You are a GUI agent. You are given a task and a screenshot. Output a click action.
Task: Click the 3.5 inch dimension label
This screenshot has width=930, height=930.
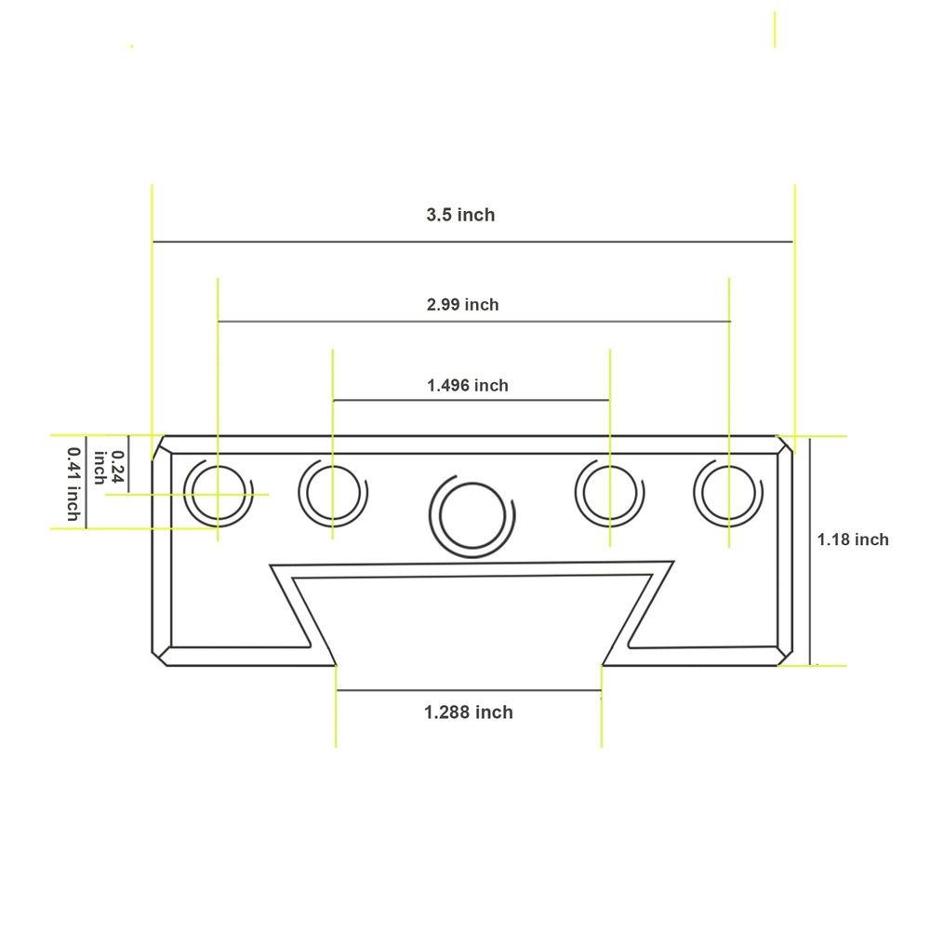[460, 215]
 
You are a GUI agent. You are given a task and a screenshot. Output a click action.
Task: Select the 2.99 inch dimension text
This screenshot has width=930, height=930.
[462, 304]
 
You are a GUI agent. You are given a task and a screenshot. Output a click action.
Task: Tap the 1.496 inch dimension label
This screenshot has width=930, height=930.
[468, 385]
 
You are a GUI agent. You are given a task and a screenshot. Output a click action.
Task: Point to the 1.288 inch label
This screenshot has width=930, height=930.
[469, 712]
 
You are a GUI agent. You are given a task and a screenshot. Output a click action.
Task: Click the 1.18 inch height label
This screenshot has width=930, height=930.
[853, 539]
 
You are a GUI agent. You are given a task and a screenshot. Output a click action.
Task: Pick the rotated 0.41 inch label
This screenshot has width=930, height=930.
[73, 483]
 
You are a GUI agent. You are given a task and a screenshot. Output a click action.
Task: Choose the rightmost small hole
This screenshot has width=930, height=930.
[728, 492]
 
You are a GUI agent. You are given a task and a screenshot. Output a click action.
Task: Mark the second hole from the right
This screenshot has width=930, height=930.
[608, 492]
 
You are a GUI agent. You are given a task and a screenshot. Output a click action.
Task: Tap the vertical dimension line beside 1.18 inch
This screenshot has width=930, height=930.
[811, 595]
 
